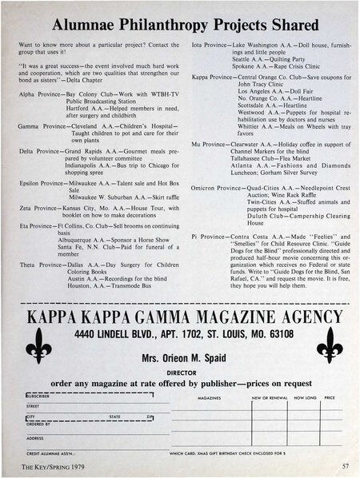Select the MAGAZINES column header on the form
click(x=209, y=396)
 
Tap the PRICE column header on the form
click(x=330, y=396)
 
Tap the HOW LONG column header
click(x=305, y=396)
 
